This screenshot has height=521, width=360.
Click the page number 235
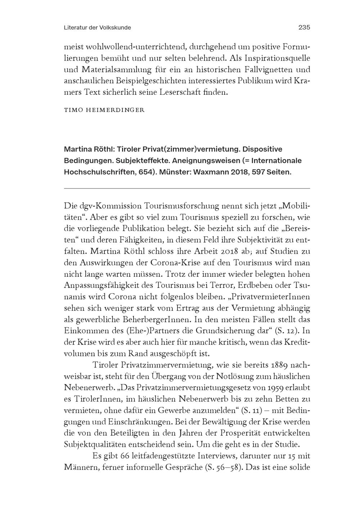[x=304, y=27]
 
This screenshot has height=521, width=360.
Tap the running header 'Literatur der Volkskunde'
[x=97, y=27]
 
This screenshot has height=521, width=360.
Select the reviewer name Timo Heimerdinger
[x=104, y=110]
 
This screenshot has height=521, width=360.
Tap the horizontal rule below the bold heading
[x=186, y=188]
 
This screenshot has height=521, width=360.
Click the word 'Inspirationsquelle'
[x=271, y=58]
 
